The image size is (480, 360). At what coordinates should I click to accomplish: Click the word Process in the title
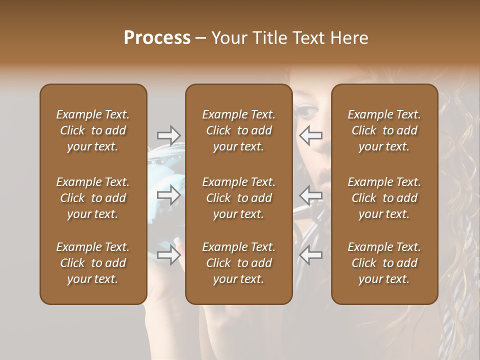click(x=157, y=38)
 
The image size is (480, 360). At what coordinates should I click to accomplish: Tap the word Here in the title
click(x=349, y=38)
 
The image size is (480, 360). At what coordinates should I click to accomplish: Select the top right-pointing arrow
click(x=168, y=135)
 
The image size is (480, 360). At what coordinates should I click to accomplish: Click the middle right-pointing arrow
click(x=168, y=195)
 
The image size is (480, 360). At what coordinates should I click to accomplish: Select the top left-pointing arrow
click(x=310, y=135)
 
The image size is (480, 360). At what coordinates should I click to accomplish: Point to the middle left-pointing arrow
click(x=310, y=195)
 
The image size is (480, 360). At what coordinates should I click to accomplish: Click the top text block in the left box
click(x=93, y=130)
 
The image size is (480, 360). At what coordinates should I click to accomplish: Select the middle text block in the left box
click(x=93, y=198)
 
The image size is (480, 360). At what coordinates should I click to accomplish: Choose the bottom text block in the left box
click(x=93, y=263)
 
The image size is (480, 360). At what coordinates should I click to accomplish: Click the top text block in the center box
click(x=238, y=130)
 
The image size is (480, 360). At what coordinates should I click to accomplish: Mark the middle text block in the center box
click(x=238, y=198)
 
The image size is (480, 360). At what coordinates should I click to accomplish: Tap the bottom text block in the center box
click(x=238, y=263)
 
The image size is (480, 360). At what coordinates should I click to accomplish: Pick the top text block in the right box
click(x=384, y=130)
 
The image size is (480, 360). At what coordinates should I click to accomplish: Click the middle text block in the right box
click(x=384, y=198)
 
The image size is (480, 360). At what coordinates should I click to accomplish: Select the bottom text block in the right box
click(x=384, y=263)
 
